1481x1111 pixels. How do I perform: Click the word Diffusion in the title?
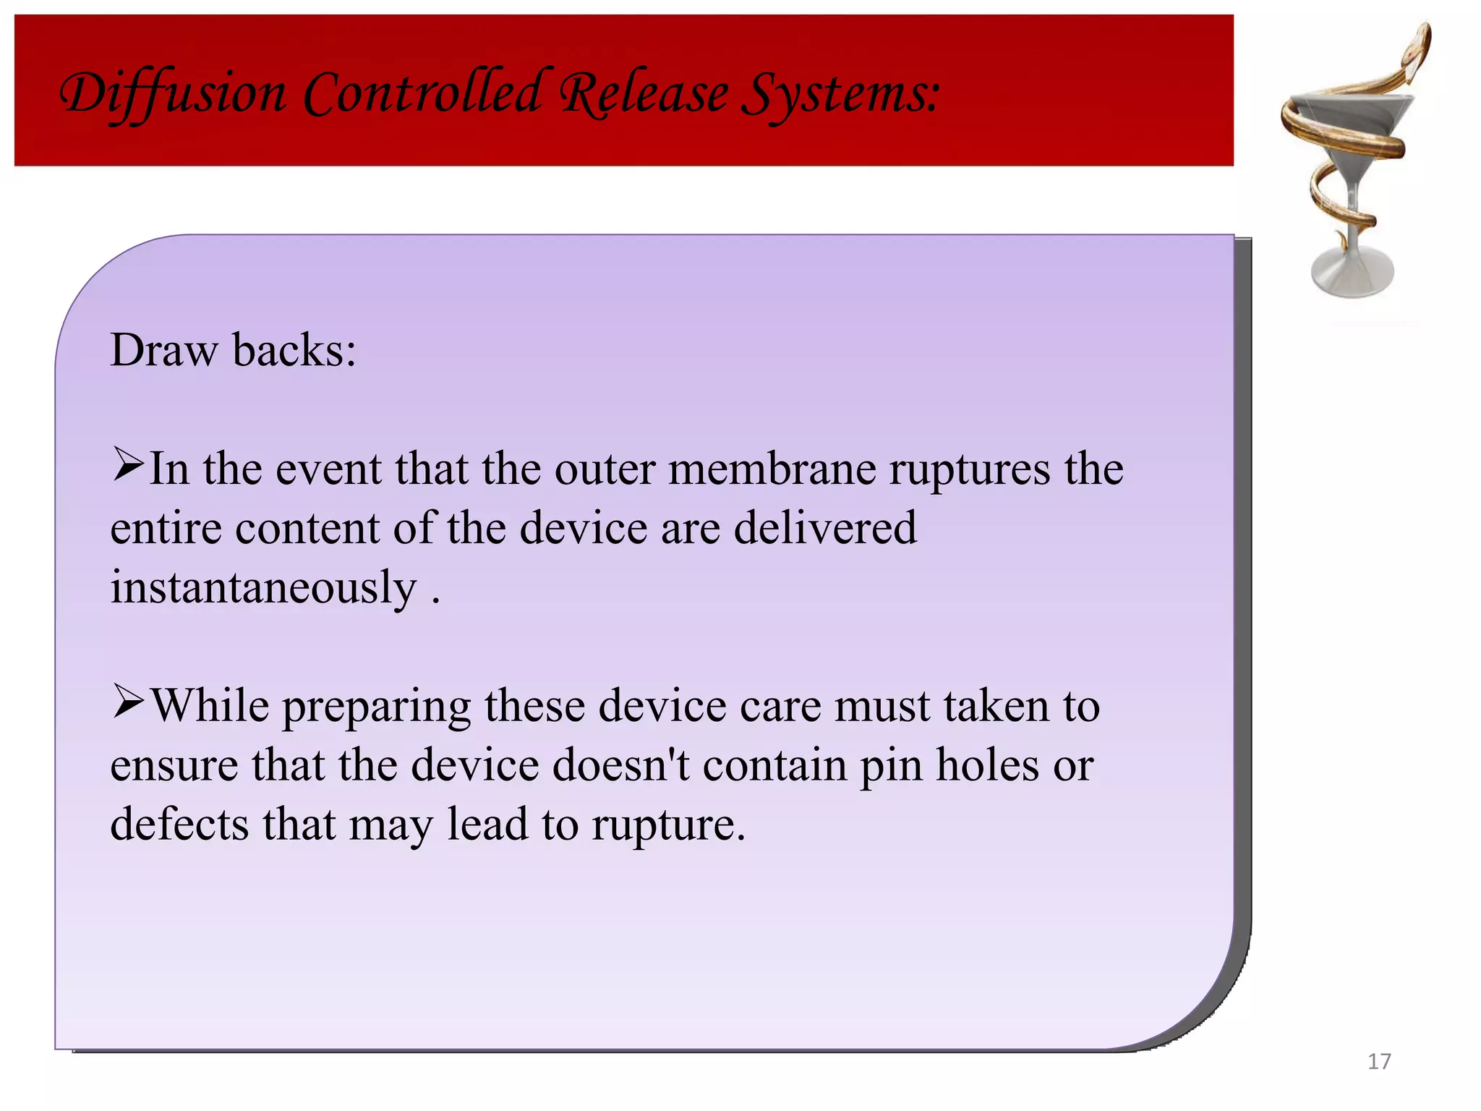172,94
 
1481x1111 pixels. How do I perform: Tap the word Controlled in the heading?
422,94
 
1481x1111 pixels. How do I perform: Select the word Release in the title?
644,94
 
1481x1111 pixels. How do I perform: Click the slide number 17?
1379,1061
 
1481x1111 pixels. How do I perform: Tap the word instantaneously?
263,587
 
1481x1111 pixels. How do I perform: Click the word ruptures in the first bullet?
969,469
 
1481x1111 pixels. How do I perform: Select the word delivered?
825,527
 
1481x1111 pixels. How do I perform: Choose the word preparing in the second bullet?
376,706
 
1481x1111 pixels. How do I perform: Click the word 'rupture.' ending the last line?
668,825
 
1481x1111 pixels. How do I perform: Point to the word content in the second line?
307,527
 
